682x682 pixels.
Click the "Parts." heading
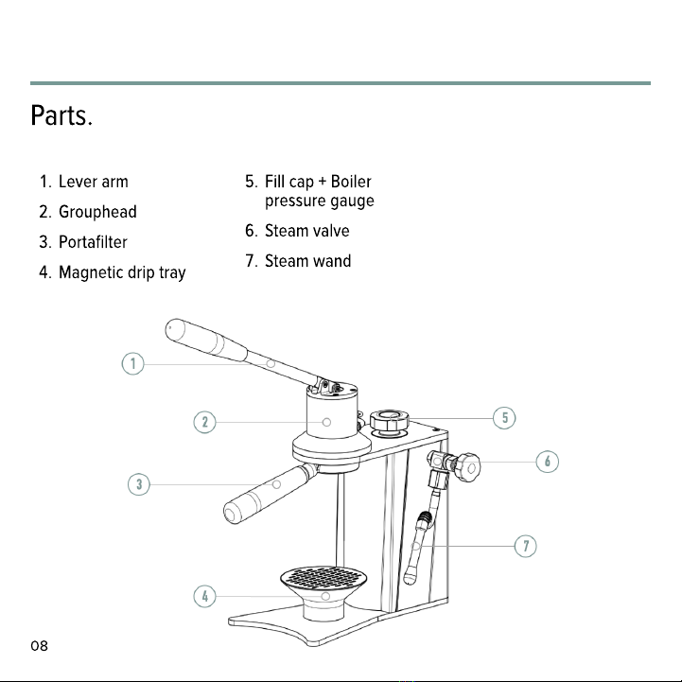click(x=61, y=115)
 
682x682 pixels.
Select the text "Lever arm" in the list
click(x=94, y=182)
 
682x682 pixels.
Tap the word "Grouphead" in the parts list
click(x=97, y=212)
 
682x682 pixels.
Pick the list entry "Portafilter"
click(x=93, y=242)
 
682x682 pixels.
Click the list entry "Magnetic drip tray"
click(x=122, y=272)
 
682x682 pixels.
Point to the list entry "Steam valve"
click(x=307, y=231)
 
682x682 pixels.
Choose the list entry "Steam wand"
click(x=308, y=261)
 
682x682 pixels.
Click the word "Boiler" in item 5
click(x=351, y=182)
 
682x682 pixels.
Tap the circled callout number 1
click(x=132, y=363)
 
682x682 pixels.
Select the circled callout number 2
click(x=204, y=422)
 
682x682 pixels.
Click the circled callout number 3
click(x=139, y=484)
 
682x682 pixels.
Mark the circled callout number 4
click(x=204, y=596)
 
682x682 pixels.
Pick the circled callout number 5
click(x=504, y=418)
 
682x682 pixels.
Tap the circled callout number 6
click(x=547, y=462)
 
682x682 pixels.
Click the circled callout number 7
click(x=525, y=546)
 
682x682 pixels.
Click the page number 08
click(x=39, y=646)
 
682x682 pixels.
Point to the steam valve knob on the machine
click(x=468, y=467)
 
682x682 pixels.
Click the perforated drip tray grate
click(x=324, y=578)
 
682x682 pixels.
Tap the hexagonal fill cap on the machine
click(x=390, y=420)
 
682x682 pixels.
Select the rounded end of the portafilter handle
click(x=231, y=515)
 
